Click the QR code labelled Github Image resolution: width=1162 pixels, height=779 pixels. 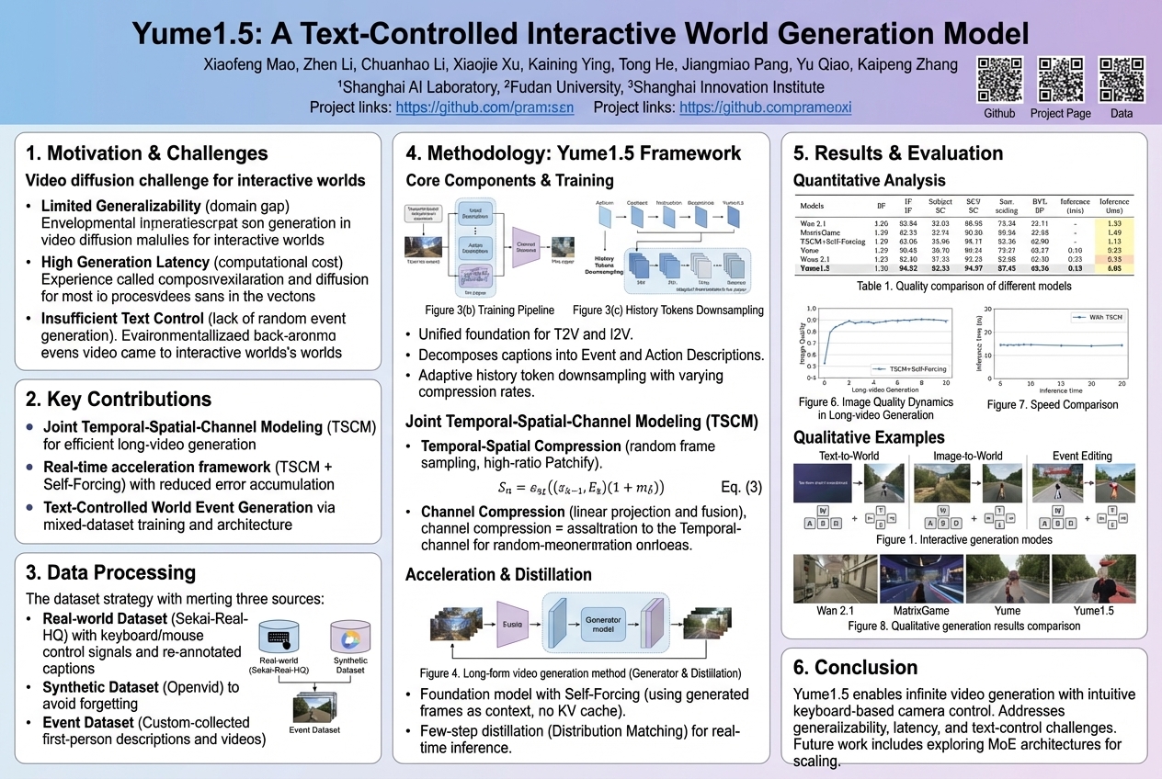point(1000,80)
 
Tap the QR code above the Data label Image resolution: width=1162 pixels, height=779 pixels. point(1122,80)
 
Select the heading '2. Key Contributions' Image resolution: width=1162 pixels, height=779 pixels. point(119,400)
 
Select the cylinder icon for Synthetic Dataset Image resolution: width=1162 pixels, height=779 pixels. point(350,636)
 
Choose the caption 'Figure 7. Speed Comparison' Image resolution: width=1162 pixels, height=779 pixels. point(1053,405)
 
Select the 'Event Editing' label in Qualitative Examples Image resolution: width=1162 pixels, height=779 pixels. point(1081,456)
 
